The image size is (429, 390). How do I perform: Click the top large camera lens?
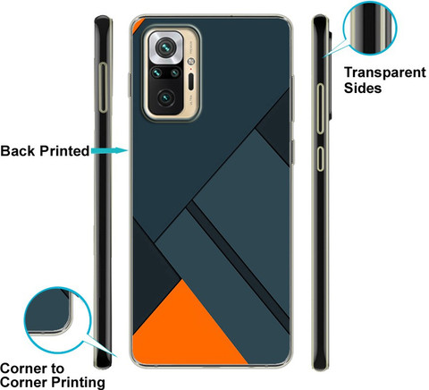click(165, 47)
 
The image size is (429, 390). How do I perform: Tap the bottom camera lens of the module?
click(165, 98)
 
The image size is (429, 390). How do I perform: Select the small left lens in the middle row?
click(156, 72)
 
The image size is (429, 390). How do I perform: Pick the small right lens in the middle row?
click(175, 72)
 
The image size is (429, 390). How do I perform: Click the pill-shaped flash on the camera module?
click(191, 81)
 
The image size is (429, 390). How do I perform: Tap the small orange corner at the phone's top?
click(139, 24)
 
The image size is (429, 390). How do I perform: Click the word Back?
click(18, 151)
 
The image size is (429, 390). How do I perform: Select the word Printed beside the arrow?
click(64, 151)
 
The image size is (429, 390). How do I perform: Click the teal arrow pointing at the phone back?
click(110, 150)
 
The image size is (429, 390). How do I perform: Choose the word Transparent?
click(385, 72)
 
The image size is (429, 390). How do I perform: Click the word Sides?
click(363, 89)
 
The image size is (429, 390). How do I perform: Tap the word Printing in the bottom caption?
click(78, 383)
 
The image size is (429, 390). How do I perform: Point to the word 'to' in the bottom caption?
click(57, 369)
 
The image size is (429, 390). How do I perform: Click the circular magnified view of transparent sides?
click(370, 29)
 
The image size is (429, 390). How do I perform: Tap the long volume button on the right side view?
click(320, 109)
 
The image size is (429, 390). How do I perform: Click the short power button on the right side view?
click(320, 158)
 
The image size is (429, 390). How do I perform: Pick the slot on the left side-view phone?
click(103, 88)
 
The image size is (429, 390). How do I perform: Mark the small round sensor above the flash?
click(190, 62)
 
